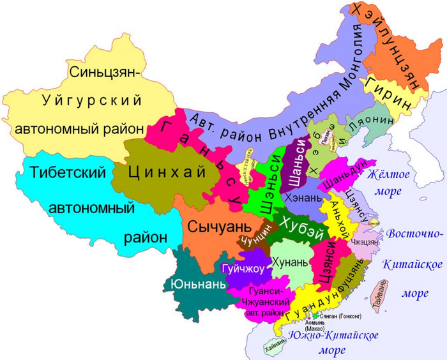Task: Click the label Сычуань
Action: coord(213,226)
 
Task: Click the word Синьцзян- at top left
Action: coord(103,71)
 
